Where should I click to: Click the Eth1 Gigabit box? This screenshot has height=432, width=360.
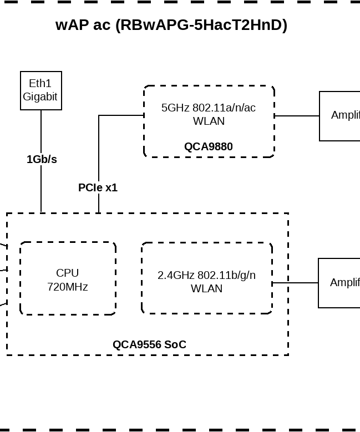coord(41,90)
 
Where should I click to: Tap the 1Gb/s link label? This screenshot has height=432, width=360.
coord(42,159)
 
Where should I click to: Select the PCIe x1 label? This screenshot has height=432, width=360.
coord(98,187)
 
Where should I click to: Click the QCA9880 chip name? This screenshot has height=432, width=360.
coord(209,146)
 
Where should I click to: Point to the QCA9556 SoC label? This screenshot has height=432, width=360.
coord(149,344)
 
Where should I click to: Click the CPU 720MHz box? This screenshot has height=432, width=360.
coord(68,278)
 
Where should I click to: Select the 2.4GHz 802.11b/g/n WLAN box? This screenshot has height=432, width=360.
coord(207,278)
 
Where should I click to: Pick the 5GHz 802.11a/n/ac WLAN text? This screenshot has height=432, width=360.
coord(209,114)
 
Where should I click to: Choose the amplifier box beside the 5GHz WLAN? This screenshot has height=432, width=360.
coord(340,116)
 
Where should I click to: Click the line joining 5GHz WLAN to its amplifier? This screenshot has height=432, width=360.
coord(297,116)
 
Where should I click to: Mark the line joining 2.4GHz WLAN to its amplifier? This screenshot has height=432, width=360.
coord(295,283)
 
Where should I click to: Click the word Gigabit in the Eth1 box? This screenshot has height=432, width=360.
coord(40,96)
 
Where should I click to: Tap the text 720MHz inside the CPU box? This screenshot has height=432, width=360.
coord(68,287)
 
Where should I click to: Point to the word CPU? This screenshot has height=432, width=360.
coord(68,273)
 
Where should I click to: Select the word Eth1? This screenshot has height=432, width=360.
coord(40,83)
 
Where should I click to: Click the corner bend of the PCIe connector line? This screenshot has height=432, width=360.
coord(99,115)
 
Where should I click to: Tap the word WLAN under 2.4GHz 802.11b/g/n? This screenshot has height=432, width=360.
coord(206,288)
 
